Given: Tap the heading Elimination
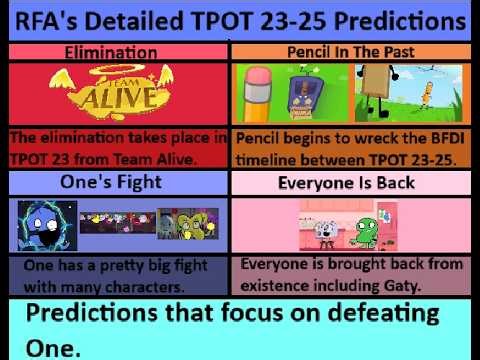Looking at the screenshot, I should point(117,51).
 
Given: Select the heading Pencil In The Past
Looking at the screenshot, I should point(352,50).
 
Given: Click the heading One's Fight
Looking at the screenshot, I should point(117,182).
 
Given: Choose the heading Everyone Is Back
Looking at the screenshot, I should point(352,182).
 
